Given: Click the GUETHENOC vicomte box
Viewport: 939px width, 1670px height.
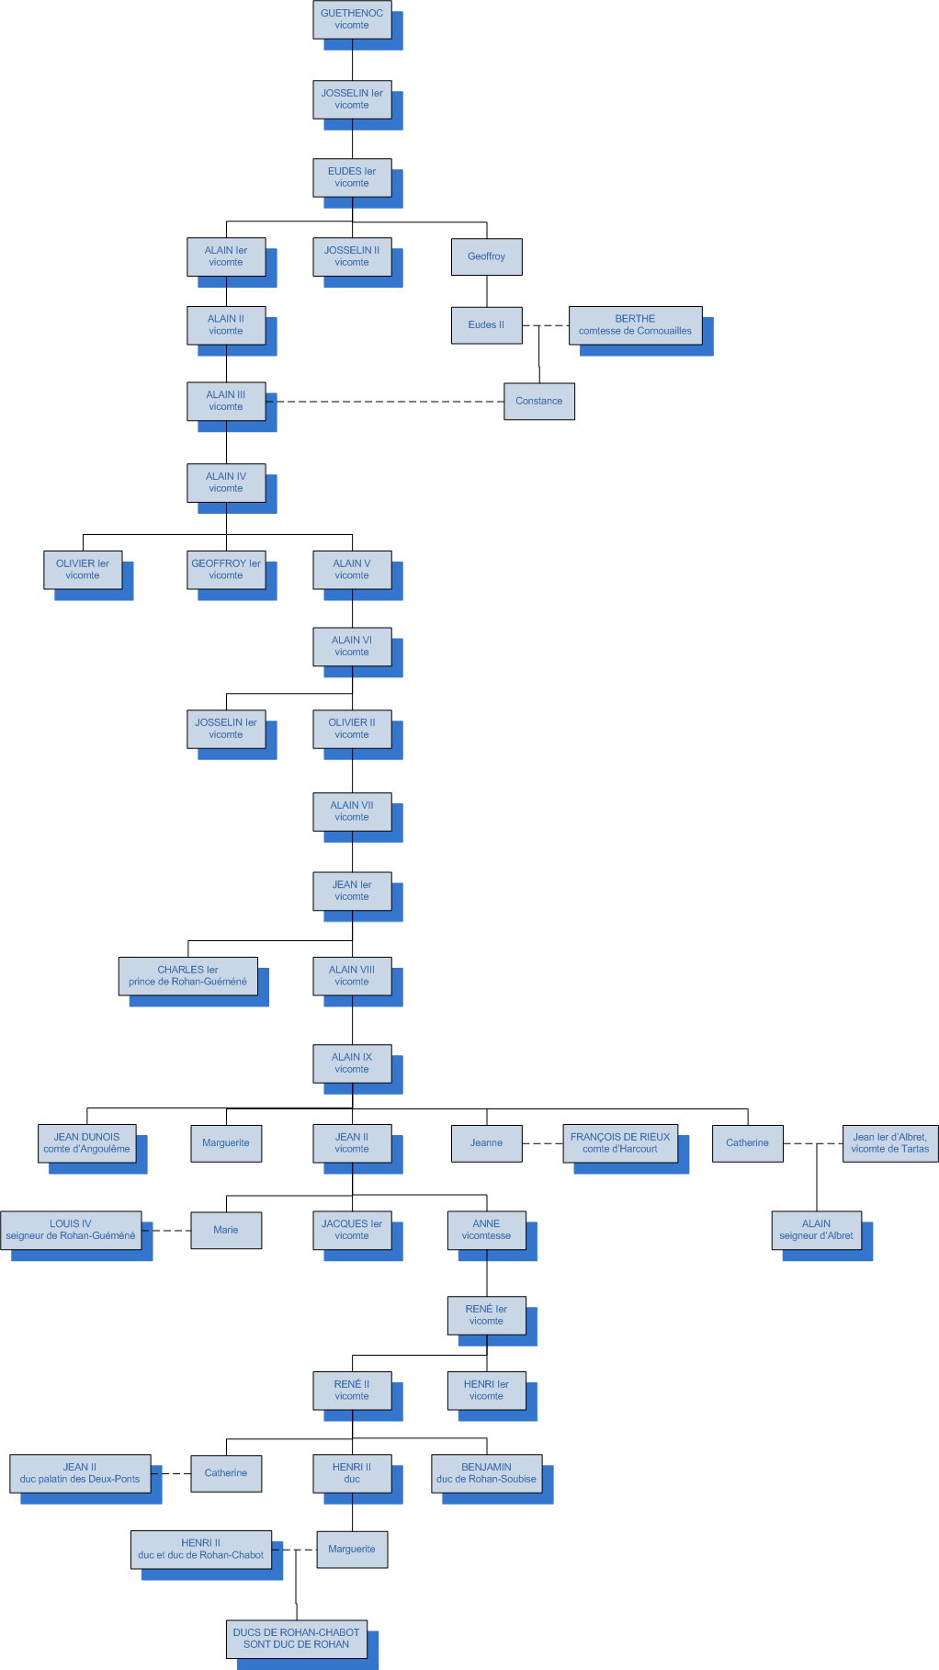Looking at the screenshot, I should pos(352,19).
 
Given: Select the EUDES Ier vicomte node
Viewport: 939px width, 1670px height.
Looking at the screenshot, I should pos(352,177).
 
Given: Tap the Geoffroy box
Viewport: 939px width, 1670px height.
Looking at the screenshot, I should pos(486,256).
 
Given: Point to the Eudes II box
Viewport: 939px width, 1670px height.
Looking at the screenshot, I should pos(486,324).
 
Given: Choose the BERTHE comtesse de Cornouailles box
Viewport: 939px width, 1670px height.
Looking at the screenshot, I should pos(635,325).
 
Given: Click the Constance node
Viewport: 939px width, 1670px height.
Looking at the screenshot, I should pos(539,401).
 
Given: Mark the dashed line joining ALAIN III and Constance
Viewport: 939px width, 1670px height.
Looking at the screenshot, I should pos(386,402).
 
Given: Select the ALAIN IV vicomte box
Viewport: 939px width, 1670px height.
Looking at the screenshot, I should pos(226,483).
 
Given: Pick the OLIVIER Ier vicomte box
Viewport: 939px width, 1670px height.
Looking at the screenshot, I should pos(83,570).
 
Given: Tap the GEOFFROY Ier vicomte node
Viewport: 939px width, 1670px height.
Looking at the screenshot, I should pos(226,570).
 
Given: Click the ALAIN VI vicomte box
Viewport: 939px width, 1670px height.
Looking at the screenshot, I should pos(352,646).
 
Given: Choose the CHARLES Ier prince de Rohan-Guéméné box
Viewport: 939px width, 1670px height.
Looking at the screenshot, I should pos(187,976).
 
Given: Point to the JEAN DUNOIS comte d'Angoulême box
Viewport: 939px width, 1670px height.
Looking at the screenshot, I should pos(87,1143).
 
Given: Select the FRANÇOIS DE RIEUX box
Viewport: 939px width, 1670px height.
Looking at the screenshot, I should pos(620,1143).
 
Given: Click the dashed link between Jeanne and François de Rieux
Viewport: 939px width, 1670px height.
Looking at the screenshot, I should pos(542,1143).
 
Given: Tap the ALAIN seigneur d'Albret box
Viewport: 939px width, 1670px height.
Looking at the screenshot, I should pos(816,1230).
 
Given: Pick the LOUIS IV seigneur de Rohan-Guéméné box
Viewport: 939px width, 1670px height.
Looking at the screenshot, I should pos(71,1230).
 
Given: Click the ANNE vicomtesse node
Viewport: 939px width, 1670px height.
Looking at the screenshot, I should pos(486,1230).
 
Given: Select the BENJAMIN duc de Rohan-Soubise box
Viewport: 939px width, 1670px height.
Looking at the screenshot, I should pos(486,1473).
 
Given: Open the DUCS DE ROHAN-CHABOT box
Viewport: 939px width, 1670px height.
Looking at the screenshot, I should pos(296,1639).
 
